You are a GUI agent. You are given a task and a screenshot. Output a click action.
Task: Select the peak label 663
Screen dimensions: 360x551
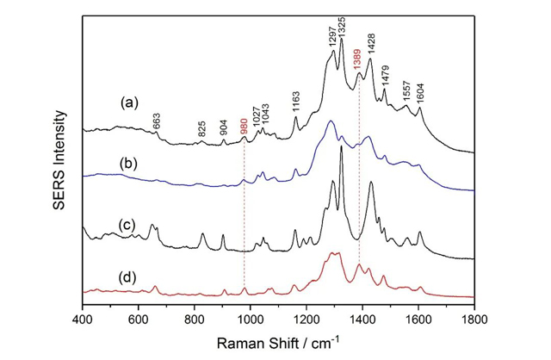[x=156, y=121]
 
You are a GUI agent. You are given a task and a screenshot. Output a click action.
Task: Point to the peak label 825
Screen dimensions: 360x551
[x=201, y=129]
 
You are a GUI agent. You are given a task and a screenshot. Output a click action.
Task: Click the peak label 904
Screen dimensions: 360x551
[x=224, y=128]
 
